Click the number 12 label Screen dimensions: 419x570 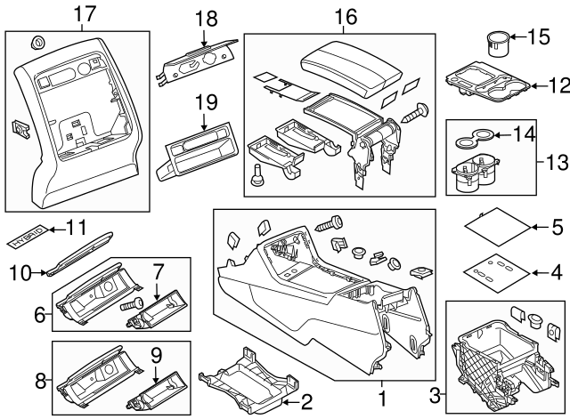pos(558,85)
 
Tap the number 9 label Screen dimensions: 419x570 pos(158,354)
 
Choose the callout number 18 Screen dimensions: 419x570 pos(206,19)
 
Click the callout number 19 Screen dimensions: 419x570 pos(206,103)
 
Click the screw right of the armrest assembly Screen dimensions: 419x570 pos(417,112)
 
